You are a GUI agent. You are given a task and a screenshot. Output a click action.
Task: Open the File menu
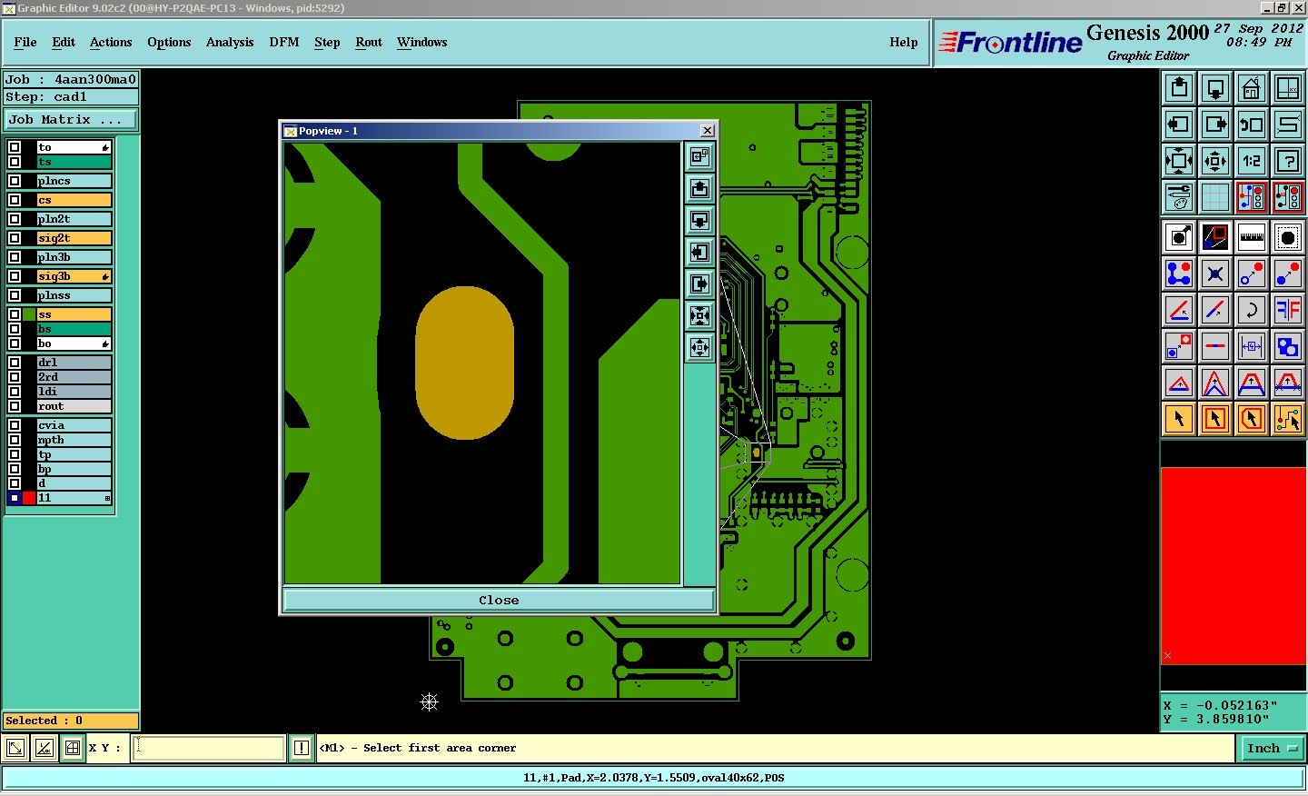[25, 42]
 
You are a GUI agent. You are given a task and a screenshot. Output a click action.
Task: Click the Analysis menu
[230, 42]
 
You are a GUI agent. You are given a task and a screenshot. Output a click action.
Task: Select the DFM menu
[283, 42]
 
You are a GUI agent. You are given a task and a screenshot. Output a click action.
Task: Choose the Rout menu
[369, 42]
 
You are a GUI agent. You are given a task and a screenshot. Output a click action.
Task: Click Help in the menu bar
[903, 42]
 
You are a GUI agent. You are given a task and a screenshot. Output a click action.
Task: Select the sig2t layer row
[74, 238]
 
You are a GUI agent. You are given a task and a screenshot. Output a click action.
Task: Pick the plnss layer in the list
[74, 295]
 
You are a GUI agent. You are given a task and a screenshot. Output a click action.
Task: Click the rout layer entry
[74, 406]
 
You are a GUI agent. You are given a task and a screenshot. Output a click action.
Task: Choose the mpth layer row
[74, 440]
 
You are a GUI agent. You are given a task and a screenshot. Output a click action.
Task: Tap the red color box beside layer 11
[29, 498]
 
